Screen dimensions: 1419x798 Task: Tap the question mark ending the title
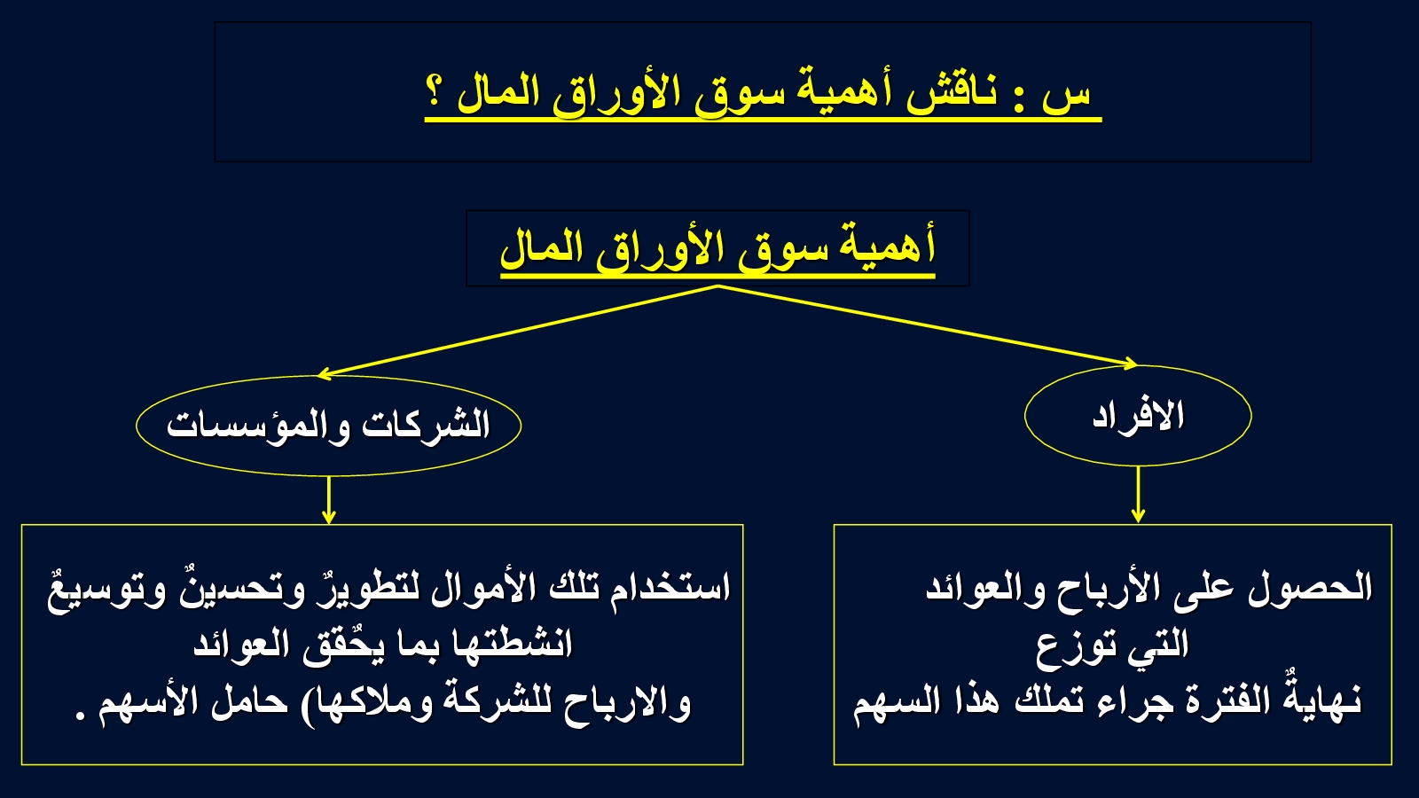tap(434, 93)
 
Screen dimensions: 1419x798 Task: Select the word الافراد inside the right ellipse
tap(1139, 417)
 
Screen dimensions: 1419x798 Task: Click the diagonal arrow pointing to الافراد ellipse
tap(928, 325)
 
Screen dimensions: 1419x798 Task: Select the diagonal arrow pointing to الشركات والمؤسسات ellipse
tap(517, 331)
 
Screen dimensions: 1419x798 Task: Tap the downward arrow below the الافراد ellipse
tap(1138, 495)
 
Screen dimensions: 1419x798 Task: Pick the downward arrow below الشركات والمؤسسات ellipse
tap(328, 500)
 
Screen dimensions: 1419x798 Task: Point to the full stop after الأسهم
tap(81, 716)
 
